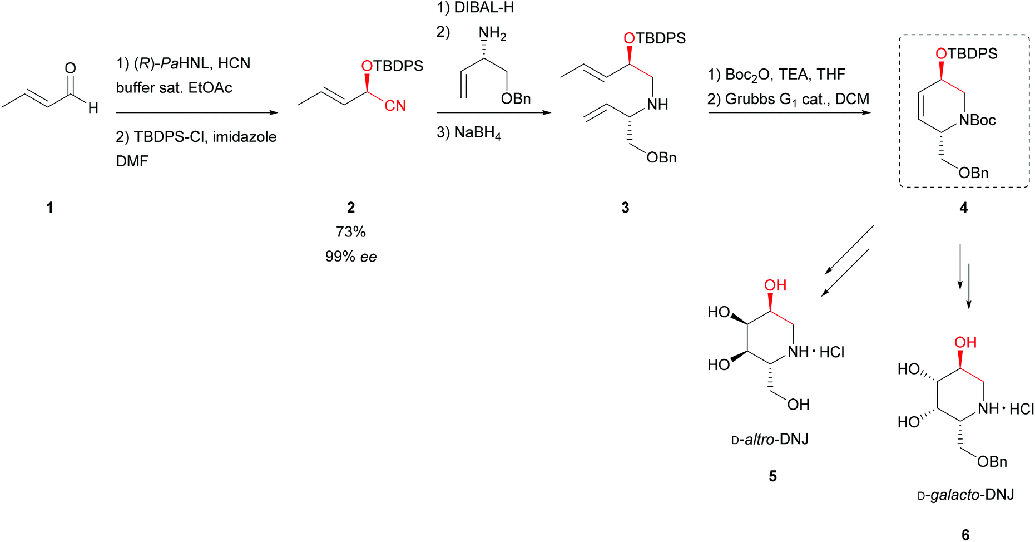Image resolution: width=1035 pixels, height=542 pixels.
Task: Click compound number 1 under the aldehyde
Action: tap(50, 208)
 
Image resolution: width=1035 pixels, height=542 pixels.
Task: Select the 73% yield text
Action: tap(350, 232)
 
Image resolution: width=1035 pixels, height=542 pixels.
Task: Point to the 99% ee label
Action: tap(350, 257)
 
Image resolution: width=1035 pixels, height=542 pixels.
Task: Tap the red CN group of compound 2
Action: tap(395, 106)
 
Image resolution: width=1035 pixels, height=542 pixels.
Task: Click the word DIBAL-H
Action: tap(484, 8)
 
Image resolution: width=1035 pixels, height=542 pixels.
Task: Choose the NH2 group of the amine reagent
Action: tap(492, 35)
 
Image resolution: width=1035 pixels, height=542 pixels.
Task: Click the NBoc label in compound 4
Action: tap(977, 120)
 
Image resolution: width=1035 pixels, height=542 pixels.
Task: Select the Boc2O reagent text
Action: tap(747, 75)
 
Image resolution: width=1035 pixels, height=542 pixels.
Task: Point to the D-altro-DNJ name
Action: tap(770, 440)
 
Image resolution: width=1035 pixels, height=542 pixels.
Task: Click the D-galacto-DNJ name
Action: tap(965, 494)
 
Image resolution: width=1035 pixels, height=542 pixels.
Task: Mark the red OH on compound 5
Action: tap(775, 285)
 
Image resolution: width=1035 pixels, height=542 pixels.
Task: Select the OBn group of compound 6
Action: tap(992, 462)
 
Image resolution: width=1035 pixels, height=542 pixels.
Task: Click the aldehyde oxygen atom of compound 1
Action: tap(70, 68)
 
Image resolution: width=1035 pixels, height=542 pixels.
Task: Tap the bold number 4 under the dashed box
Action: tap(964, 208)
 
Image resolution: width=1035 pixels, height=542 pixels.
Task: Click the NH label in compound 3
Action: tap(657, 105)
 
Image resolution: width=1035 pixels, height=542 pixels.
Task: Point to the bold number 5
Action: tap(772, 476)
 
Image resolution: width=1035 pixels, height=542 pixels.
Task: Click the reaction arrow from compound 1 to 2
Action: tap(197, 113)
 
